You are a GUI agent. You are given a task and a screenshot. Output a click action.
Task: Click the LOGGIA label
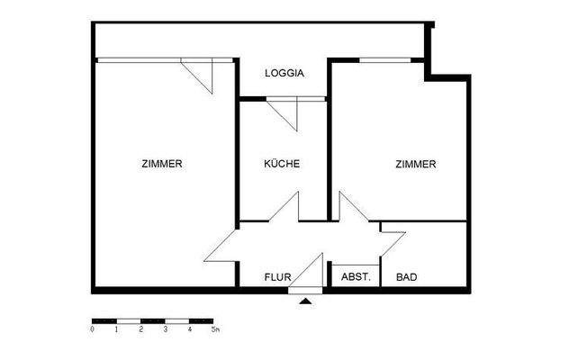point(284,74)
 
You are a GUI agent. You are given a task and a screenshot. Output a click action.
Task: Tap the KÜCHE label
point(281,165)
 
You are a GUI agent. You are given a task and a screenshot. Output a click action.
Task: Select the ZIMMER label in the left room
point(162,165)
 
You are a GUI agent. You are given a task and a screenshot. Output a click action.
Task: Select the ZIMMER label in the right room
point(415,165)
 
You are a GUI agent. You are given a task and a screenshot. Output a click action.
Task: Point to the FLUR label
point(276,277)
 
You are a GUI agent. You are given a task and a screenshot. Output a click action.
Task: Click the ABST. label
point(356,277)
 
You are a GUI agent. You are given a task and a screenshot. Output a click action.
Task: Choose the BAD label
point(407,277)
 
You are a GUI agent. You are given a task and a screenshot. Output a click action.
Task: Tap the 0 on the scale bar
point(93,330)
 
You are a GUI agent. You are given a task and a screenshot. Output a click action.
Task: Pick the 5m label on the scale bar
point(214,330)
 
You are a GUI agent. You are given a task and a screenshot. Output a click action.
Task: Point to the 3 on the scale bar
point(166,330)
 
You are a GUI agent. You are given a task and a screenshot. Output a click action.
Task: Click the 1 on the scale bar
point(117,330)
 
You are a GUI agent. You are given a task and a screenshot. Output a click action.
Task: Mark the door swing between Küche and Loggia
point(284,113)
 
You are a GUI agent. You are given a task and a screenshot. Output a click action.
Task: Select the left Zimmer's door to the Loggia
point(200,74)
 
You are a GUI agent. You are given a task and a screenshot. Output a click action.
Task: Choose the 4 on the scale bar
point(190,330)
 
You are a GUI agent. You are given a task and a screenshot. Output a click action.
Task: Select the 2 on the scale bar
point(141,330)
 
